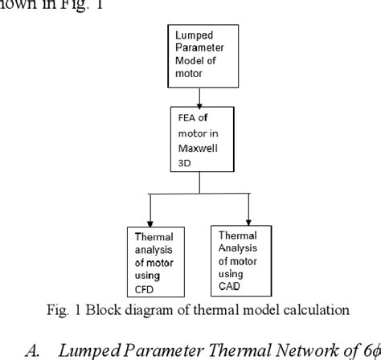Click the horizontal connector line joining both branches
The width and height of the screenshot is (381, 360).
coord(199,194)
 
